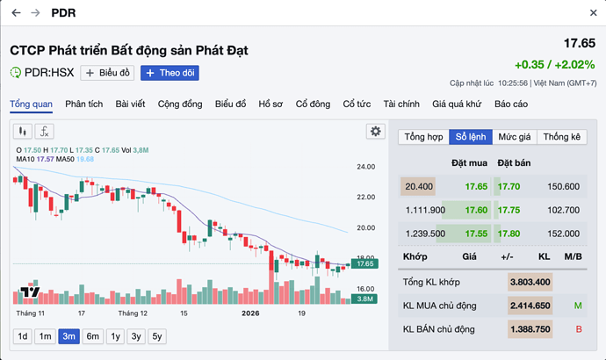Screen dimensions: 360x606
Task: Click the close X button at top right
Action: (593, 13)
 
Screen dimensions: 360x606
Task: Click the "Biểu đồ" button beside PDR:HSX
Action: (107, 73)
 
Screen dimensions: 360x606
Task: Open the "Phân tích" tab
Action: (83, 104)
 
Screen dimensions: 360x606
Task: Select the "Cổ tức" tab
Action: (357, 104)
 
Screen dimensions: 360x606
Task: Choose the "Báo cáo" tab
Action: (511, 104)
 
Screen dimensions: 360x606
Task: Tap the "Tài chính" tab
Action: (401, 104)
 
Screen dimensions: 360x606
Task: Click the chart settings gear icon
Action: (376, 131)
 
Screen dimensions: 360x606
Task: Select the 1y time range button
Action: (115, 336)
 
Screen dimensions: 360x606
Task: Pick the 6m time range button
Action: (92, 336)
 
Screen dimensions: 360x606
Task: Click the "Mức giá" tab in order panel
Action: (514, 137)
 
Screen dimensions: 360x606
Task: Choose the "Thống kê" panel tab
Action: (562, 137)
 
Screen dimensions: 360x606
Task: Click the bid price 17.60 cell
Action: (476, 210)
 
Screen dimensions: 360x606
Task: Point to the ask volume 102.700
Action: (563, 210)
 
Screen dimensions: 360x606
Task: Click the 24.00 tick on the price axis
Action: (366, 167)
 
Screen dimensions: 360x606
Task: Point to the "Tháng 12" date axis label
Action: (133, 313)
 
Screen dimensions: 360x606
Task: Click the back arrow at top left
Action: (15, 13)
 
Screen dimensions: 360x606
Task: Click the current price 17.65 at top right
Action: (579, 43)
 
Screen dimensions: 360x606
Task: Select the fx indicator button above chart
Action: (44, 132)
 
